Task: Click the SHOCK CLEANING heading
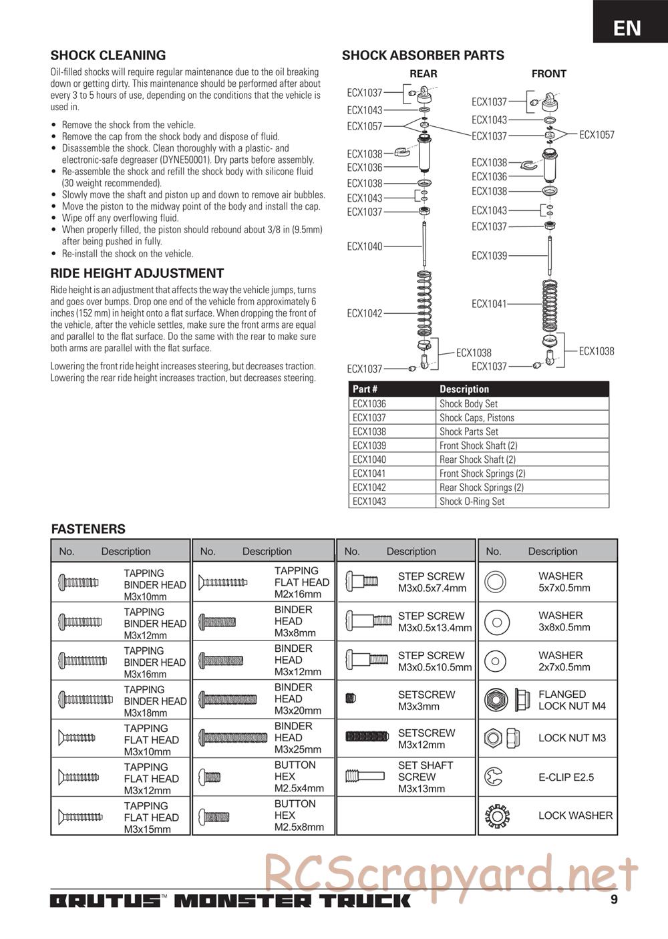click(x=108, y=55)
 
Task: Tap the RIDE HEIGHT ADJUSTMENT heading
click(x=137, y=273)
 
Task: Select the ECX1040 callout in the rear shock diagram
click(x=365, y=246)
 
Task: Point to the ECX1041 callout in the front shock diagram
click(x=489, y=304)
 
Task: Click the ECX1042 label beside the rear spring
click(x=365, y=313)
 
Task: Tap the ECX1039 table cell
click(x=369, y=445)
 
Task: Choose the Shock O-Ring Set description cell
click(x=472, y=502)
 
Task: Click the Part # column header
click(x=365, y=389)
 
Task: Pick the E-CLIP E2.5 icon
click(x=495, y=777)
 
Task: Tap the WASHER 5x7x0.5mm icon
click(x=495, y=582)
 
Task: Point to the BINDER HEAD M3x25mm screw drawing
click(x=233, y=738)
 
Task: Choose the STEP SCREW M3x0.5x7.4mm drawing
click(x=361, y=582)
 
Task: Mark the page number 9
click(x=614, y=899)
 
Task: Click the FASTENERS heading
click(x=88, y=529)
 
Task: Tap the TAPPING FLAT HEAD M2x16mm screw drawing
click(x=223, y=582)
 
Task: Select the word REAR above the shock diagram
click(x=424, y=74)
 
